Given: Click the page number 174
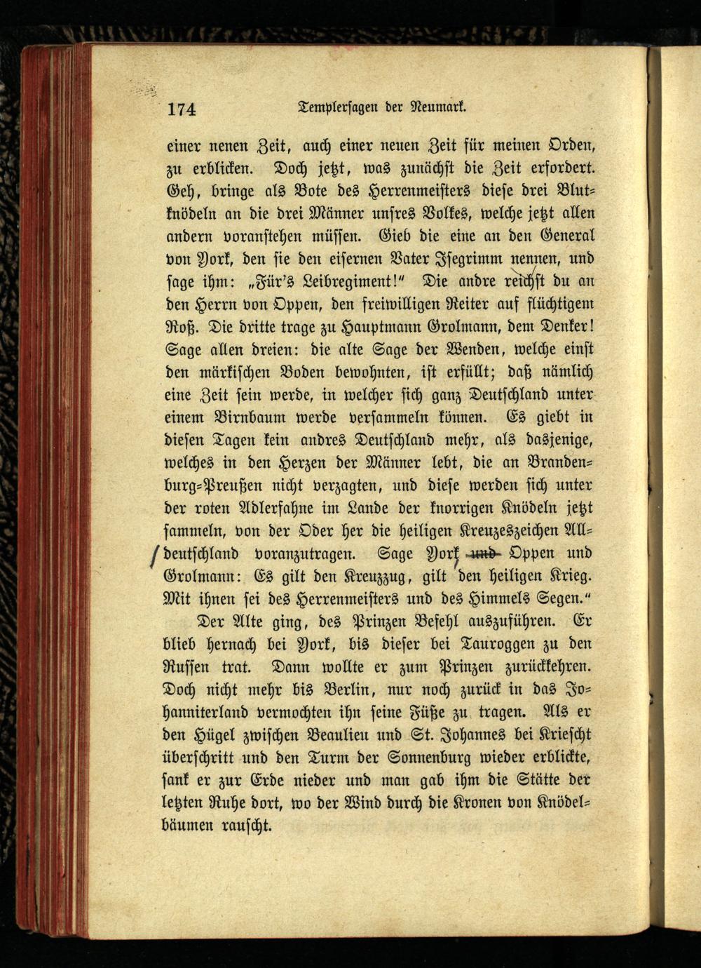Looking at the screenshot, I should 182,109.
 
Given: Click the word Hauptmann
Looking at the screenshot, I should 381,327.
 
